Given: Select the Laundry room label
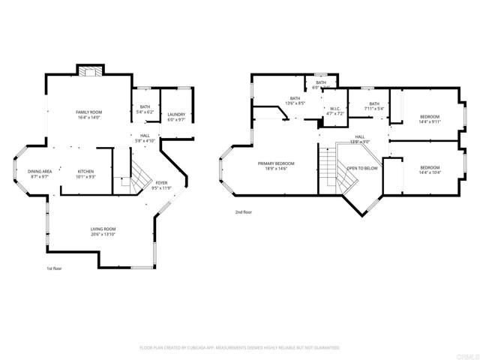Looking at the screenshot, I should click(x=176, y=117).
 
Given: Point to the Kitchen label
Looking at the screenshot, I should click(x=85, y=174).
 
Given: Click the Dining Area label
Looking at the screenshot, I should click(x=40, y=174).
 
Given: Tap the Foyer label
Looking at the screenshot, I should click(x=162, y=184).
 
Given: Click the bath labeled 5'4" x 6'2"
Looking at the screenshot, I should click(x=145, y=109).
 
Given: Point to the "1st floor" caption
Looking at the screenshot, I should click(x=55, y=268).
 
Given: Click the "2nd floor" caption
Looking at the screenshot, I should click(x=243, y=212).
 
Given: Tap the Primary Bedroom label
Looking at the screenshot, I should click(x=276, y=166).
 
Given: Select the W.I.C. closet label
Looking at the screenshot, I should click(x=335, y=111).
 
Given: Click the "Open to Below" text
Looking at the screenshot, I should click(x=361, y=168).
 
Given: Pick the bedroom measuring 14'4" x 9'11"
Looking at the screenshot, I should click(x=430, y=118).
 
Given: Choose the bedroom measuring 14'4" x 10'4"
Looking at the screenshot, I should click(x=430, y=169).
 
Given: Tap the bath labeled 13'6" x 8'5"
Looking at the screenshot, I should click(x=295, y=100).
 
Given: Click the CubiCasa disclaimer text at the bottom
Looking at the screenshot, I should click(x=240, y=348).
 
